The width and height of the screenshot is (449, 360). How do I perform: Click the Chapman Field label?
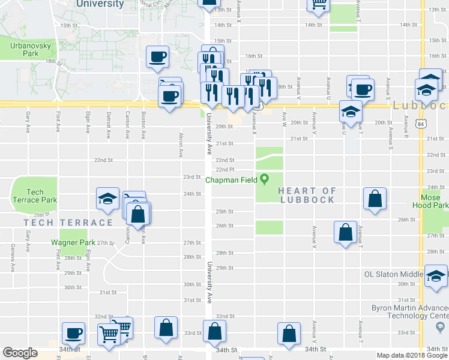pos(231,179)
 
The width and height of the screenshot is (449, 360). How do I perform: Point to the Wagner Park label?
pos(73,242)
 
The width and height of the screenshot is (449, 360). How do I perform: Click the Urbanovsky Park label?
pos(22,49)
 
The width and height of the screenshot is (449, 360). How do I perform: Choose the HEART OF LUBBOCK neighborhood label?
pos(307,195)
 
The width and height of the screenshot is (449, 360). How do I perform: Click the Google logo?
pos(20,353)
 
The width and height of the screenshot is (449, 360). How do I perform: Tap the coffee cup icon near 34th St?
pos(74,332)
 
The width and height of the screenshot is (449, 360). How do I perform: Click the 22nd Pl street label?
pos(224,170)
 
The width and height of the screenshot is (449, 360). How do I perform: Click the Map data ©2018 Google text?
pos(411,355)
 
